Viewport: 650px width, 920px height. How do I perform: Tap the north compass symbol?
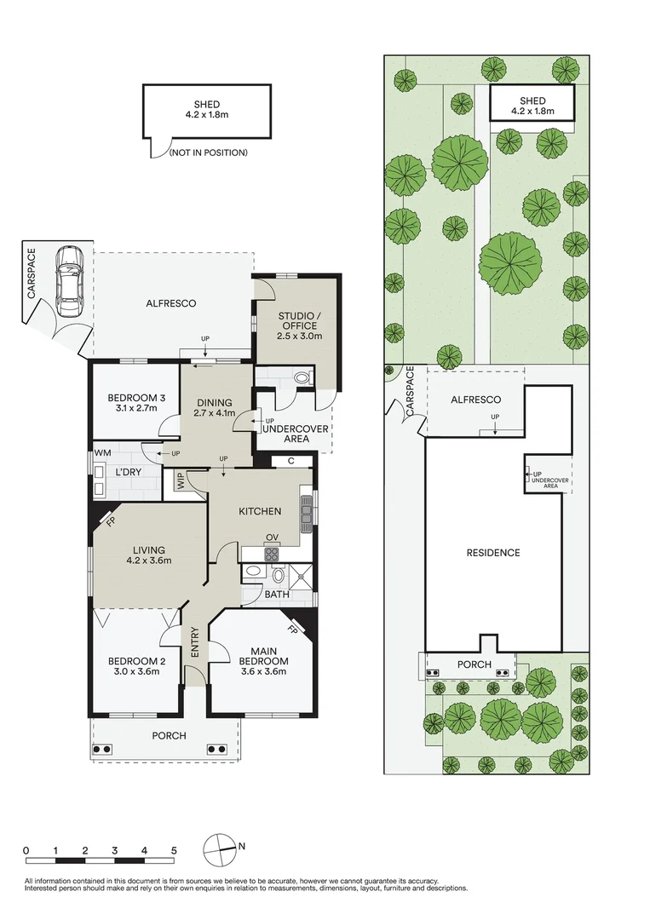(221, 848)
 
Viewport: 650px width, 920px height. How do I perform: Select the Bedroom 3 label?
(136, 398)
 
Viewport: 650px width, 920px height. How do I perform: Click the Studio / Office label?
(297, 320)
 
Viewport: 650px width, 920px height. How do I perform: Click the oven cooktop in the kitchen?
(272, 553)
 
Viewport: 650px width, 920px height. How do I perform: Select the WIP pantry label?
(181, 482)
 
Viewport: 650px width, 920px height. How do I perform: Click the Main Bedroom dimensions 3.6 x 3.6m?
(262, 672)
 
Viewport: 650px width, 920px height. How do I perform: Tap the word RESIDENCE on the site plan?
(492, 553)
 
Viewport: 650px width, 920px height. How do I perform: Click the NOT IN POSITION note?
(208, 152)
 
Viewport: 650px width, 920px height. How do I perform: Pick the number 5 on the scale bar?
(174, 850)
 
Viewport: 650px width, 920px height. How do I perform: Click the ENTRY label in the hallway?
(195, 641)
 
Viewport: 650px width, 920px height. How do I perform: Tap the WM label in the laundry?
(103, 451)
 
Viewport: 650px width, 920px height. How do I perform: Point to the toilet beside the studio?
(300, 377)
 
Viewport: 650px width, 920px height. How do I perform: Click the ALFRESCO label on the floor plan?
(171, 303)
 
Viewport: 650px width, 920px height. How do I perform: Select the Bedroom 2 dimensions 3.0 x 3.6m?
(136, 672)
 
